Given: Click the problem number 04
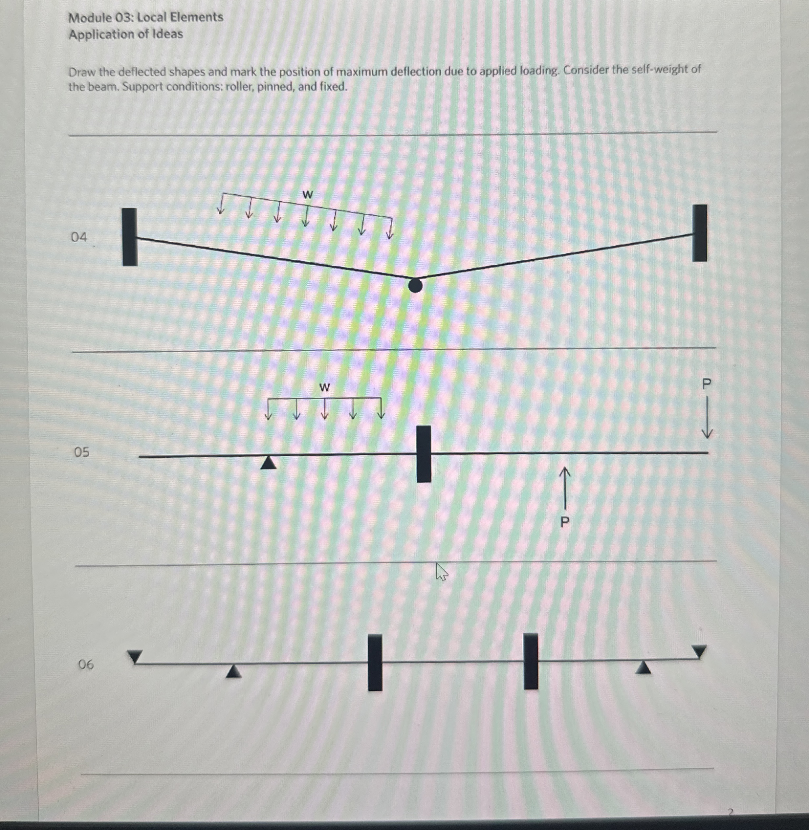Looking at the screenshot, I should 79,237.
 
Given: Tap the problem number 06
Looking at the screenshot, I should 86,664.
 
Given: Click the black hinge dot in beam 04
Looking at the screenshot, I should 415,285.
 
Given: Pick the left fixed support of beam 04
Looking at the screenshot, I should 130,237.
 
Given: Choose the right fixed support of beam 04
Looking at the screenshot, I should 699,233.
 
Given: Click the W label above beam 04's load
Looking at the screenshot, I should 307,195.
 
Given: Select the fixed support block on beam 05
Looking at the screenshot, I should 424,454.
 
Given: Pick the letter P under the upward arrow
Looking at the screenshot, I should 565,521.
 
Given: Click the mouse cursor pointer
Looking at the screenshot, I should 441,572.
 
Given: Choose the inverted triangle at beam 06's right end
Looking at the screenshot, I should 699,651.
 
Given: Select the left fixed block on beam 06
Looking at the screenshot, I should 375,663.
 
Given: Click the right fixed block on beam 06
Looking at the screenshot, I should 530,661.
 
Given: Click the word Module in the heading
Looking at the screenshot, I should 91,18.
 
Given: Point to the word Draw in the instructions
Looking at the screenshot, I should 82,72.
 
